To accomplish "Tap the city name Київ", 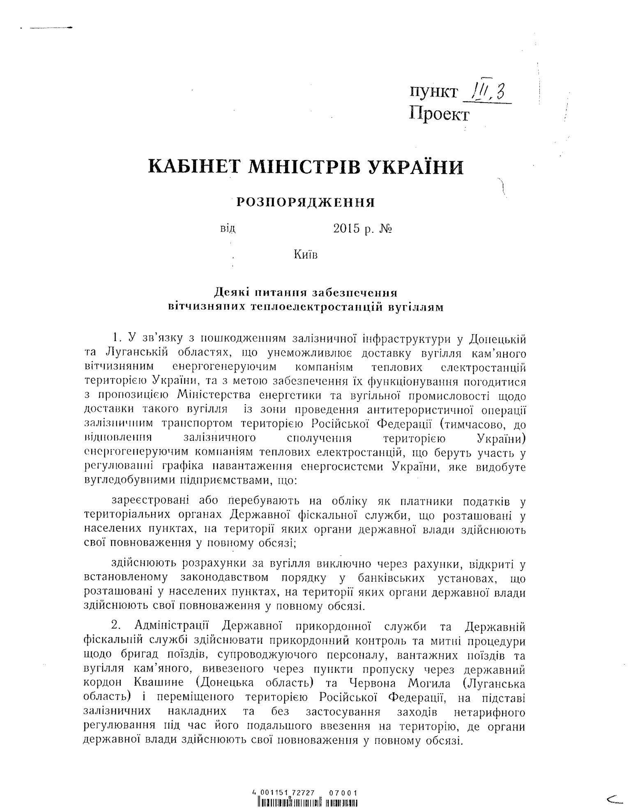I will pyautogui.click(x=306, y=255).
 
